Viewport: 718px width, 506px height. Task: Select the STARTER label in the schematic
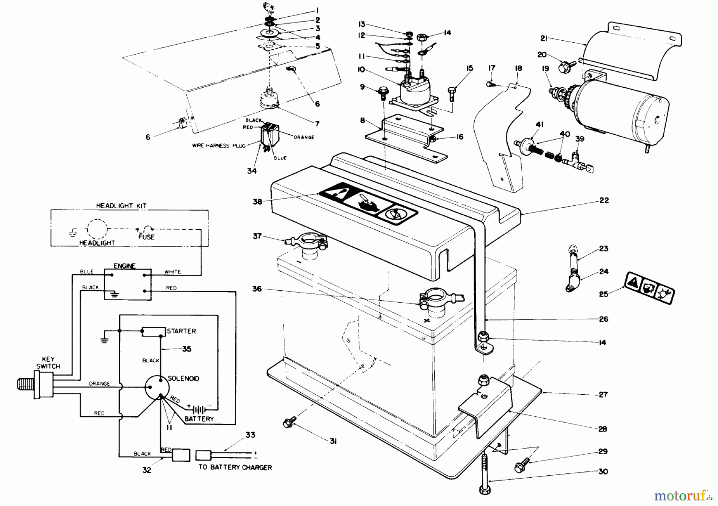pos(181,331)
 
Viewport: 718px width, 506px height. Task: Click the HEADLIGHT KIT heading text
pos(121,206)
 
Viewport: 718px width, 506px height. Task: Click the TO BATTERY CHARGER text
pos(235,467)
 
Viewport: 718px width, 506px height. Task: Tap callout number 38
pos(258,201)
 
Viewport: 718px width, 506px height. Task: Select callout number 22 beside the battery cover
pos(604,200)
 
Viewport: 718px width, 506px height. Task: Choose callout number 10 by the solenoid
pos(361,70)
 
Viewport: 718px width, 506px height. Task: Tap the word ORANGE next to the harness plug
pos(304,137)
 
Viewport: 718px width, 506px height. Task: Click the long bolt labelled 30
pos(485,473)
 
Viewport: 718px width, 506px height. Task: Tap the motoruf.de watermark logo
pos(685,496)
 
